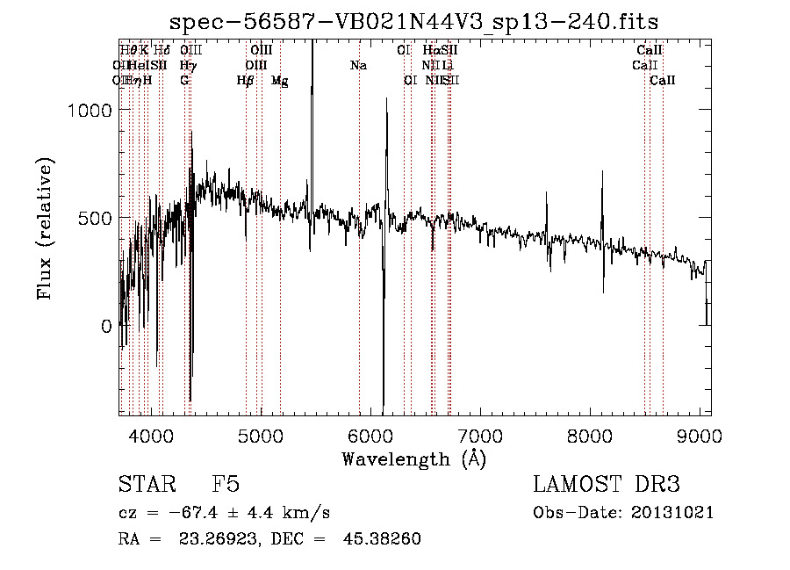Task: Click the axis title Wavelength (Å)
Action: point(413,458)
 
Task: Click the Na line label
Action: point(358,65)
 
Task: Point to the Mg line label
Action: point(279,80)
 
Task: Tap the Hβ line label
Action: point(246,80)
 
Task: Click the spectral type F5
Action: point(226,486)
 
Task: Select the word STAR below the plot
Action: point(146,486)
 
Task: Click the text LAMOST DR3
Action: point(607,486)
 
